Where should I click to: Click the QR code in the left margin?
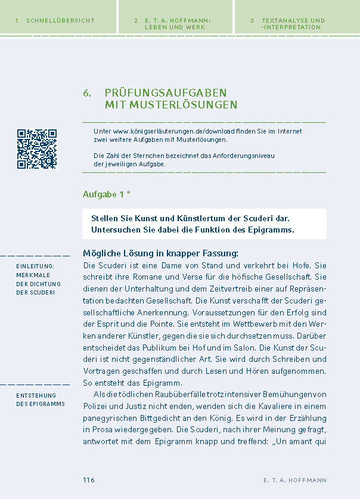point(37,149)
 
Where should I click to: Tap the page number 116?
point(89,481)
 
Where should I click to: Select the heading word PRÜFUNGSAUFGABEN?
point(165,93)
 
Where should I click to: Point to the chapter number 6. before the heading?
point(88,93)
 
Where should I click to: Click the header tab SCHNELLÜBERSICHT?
point(60,20)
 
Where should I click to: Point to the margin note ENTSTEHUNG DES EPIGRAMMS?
point(41,399)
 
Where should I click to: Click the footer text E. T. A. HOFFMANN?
point(294,481)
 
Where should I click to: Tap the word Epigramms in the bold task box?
point(270,230)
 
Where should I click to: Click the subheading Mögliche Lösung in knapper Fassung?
point(160,253)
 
